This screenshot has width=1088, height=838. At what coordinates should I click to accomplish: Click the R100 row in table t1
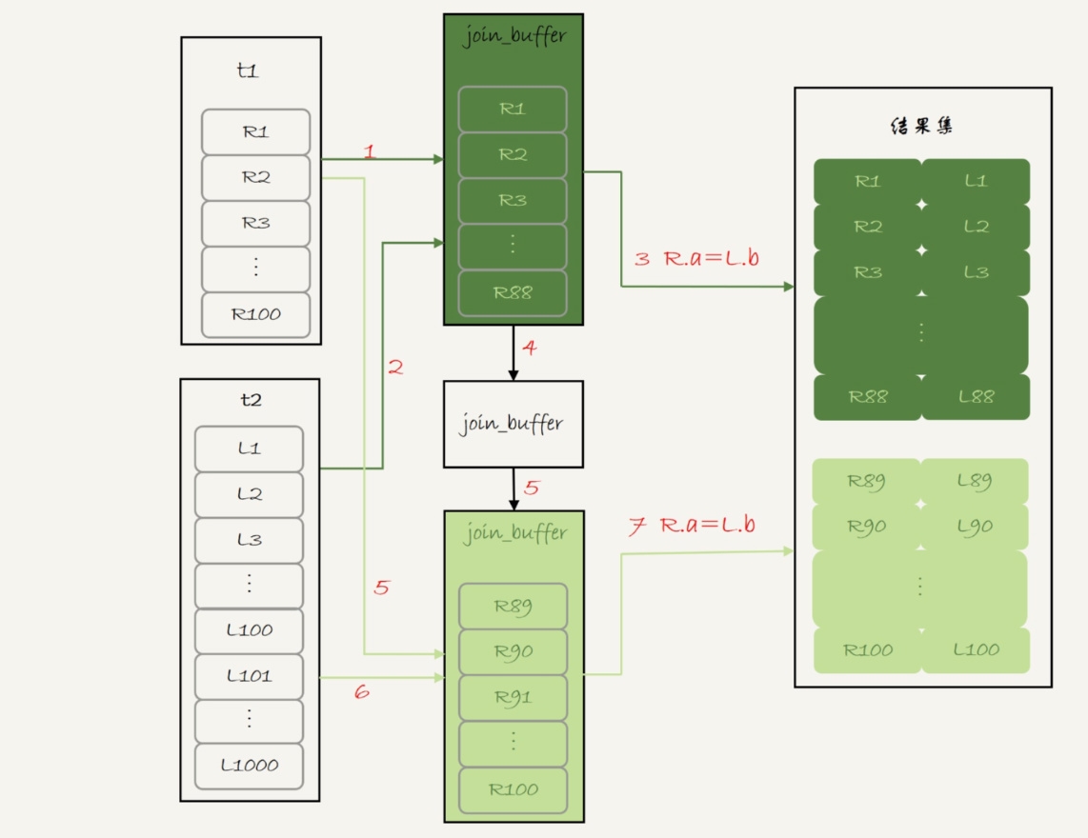click(x=255, y=314)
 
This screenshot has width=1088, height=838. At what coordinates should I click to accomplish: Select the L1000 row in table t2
click(x=249, y=766)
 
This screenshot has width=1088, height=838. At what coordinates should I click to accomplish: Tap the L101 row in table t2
click(x=249, y=676)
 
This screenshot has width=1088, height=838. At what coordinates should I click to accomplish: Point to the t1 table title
click(x=247, y=71)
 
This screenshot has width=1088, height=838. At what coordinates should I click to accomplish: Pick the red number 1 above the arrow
click(x=370, y=150)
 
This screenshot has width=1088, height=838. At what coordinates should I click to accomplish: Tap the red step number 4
click(x=530, y=349)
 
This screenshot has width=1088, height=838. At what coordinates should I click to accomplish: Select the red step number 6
click(x=361, y=692)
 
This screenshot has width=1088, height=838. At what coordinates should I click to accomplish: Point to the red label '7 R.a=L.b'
click(x=692, y=526)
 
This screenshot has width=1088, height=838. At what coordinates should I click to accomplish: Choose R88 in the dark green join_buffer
click(x=513, y=292)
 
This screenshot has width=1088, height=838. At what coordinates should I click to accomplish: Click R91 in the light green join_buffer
click(x=513, y=698)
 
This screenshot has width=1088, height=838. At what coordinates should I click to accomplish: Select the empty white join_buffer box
click(x=513, y=425)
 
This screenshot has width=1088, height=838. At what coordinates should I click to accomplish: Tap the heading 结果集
click(x=921, y=127)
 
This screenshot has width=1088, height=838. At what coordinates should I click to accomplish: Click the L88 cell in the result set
click(x=976, y=397)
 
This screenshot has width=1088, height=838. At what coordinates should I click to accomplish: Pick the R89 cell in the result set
click(x=867, y=482)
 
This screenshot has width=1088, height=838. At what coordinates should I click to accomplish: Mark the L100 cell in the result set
click(x=976, y=650)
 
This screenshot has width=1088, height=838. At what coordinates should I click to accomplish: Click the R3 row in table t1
click(x=255, y=223)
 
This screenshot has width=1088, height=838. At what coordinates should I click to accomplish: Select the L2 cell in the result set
click(x=976, y=227)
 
